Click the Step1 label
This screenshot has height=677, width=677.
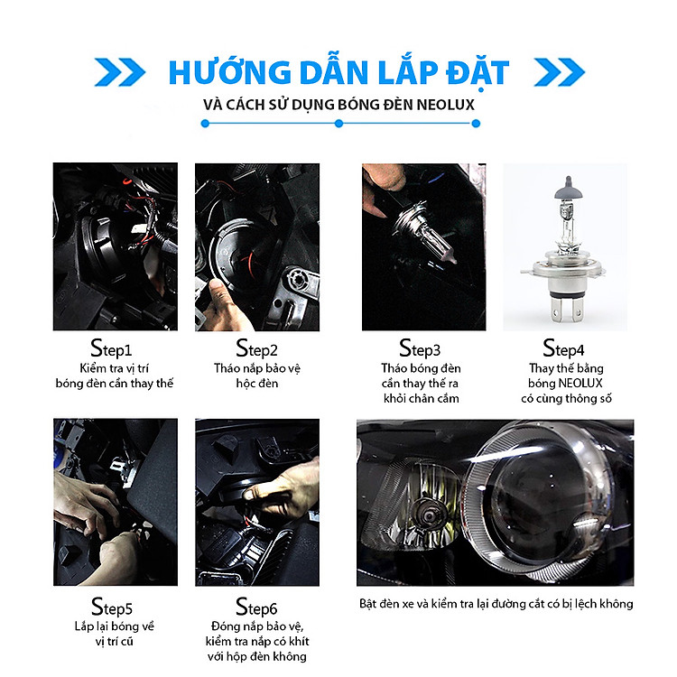coord(111,348)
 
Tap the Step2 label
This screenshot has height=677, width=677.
coord(256,348)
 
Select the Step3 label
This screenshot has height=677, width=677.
coord(420,348)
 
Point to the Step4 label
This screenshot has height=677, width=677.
coord(563,348)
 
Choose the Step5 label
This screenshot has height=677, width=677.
coord(112,607)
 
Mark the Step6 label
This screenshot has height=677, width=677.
coord(256,607)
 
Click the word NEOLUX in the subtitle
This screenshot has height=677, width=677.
coord(446,105)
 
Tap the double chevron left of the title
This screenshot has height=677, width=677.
coord(119,71)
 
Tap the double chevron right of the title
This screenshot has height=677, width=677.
coord(560,71)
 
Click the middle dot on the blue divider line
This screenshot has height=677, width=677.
coord(338,124)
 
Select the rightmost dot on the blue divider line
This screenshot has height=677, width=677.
coord(476,124)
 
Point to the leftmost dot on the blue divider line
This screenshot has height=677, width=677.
coord(205,124)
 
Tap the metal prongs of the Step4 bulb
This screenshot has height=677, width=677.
coord(566,310)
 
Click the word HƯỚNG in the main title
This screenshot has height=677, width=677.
coord(229,71)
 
